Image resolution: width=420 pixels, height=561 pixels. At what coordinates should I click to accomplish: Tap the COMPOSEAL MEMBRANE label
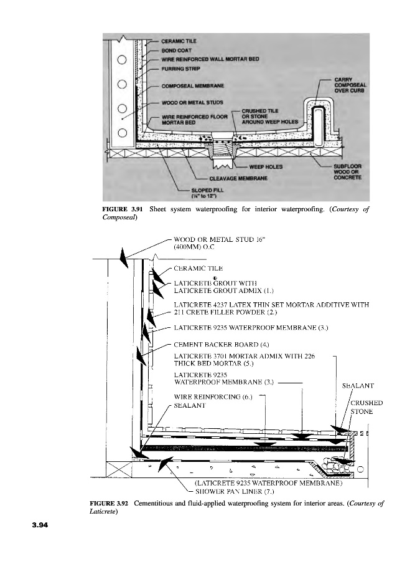[193, 85]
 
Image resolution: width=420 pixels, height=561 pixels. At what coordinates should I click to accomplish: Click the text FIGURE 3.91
[124, 209]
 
